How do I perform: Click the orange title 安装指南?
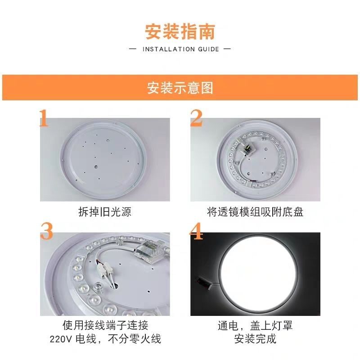(x=180, y=32)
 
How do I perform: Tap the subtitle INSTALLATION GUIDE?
(x=180, y=49)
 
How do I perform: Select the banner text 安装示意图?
(x=180, y=88)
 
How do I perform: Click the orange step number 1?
(x=44, y=118)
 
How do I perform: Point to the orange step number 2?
(x=197, y=118)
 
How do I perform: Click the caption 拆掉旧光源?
(x=105, y=212)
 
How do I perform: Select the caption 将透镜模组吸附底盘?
(x=255, y=212)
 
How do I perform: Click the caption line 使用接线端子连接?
(x=105, y=325)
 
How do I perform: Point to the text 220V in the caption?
(x=72, y=338)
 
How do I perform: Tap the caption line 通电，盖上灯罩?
(x=255, y=325)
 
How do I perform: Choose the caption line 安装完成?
(x=255, y=338)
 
